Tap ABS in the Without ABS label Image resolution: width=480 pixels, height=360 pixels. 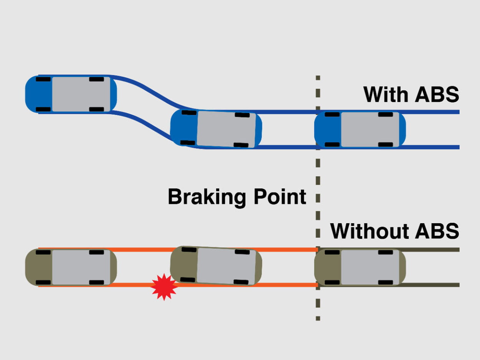pyautogui.click(x=438, y=231)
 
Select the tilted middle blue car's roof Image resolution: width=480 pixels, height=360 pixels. pyautogui.click(x=226, y=129)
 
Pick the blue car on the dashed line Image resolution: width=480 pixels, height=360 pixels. pyautogui.click(x=360, y=129)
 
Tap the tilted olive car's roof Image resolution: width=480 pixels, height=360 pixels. pyautogui.click(x=226, y=266)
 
